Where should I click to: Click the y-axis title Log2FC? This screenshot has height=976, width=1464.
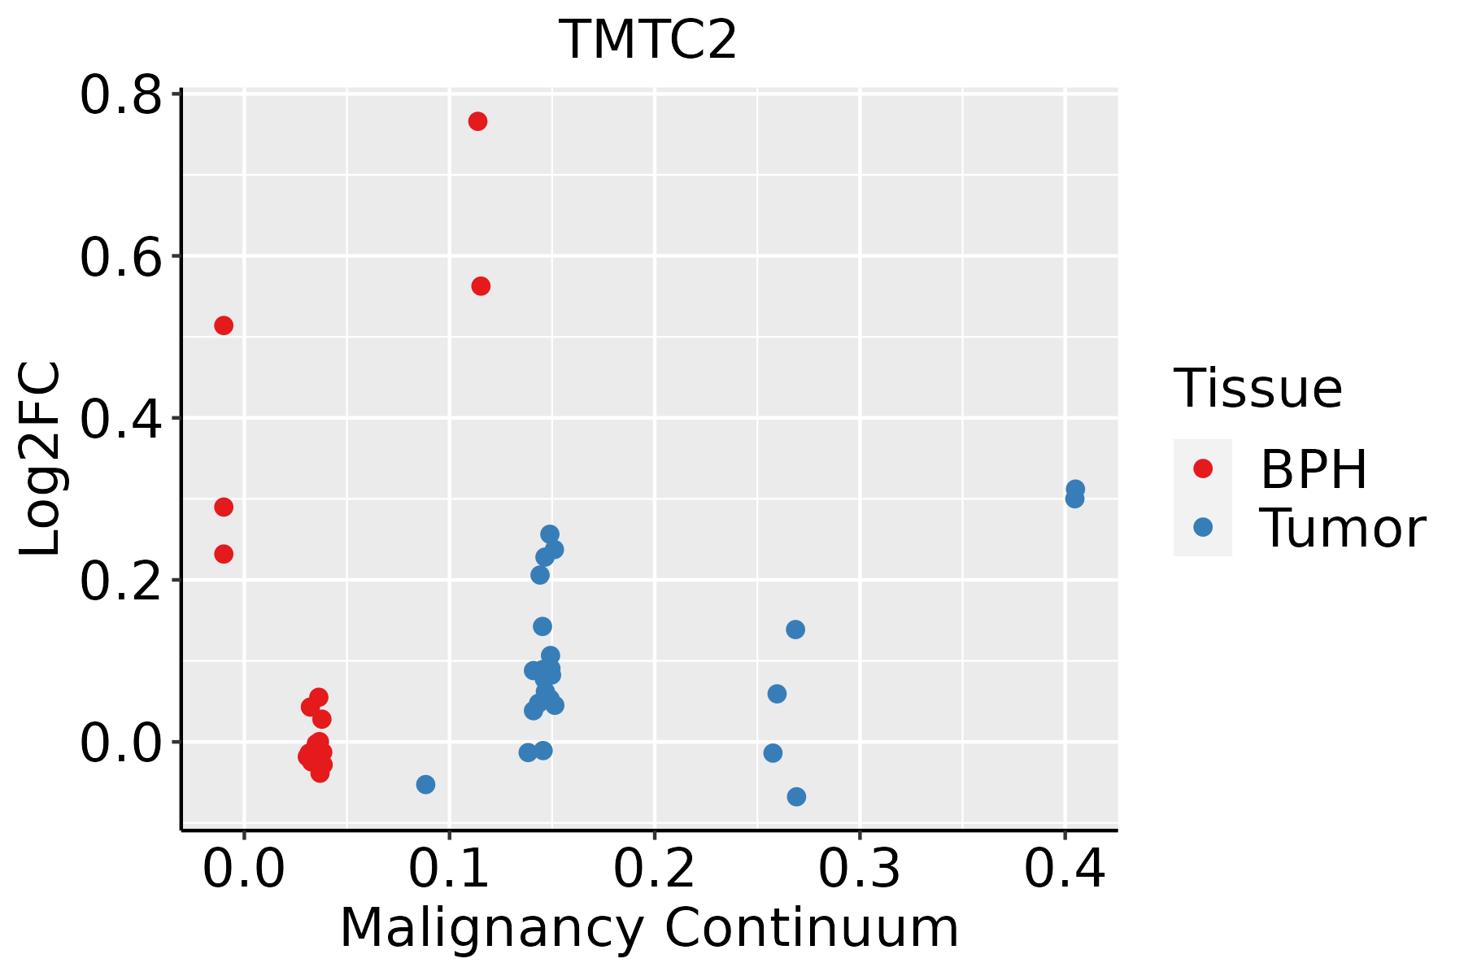[41, 459]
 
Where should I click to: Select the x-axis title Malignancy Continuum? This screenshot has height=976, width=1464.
[648, 928]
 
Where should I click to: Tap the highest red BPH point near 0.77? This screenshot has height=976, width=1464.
[477, 121]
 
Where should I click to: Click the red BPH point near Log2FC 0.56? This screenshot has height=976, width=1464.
[481, 286]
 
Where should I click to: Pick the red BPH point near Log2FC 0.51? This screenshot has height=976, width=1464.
[224, 325]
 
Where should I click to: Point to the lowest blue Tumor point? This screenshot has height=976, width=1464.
[796, 796]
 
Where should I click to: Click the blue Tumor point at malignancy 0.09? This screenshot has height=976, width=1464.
[425, 784]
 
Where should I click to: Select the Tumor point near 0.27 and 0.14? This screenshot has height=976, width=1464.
[795, 630]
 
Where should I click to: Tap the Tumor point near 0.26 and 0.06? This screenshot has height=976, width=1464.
[777, 694]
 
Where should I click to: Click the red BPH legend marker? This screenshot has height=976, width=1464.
[1202, 468]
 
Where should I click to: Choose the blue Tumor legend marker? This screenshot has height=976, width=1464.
[1202, 527]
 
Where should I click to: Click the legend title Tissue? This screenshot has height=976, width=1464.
[1257, 389]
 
